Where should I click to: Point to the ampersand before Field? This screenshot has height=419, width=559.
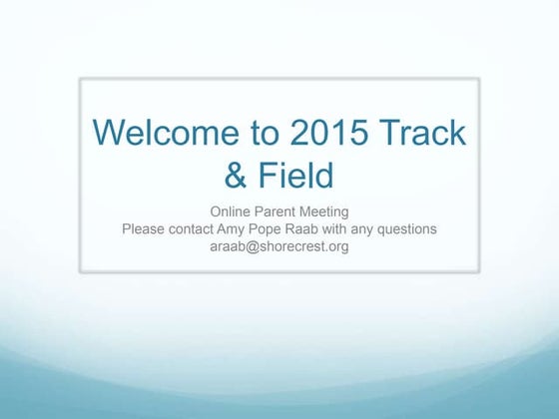tap(236, 176)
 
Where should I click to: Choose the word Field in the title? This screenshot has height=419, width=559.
tap(295, 176)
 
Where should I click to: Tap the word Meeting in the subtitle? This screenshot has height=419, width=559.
tap(326, 211)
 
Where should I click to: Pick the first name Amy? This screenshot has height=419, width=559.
tap(245, 228)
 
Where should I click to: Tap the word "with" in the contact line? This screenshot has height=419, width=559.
tap(357, 228)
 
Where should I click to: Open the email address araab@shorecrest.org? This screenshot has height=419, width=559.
tap(279, 246)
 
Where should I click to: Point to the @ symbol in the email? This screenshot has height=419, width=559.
tap(254, 246)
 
